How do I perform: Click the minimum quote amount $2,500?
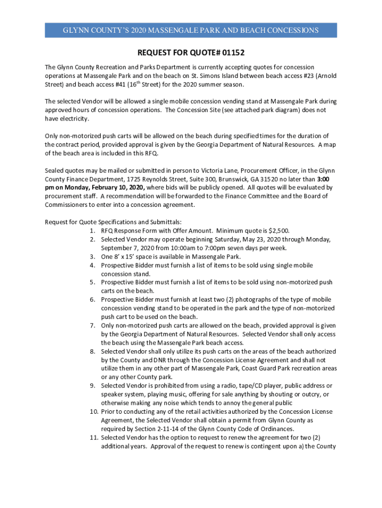(x=278, y=230)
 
